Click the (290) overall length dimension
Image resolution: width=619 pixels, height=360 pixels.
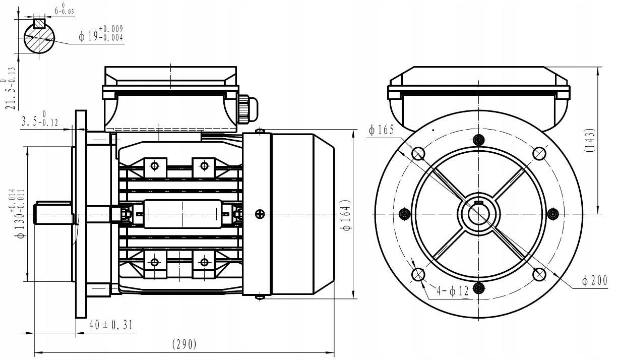[x=184, y=344]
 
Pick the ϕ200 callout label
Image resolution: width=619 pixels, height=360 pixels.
[x=595, y=282]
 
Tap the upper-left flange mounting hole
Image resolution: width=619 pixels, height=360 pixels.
[x=418, y=153]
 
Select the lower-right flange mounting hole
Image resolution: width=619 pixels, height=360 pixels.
[x=539, y=274]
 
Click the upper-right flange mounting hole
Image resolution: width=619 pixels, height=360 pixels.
[x=539, y=153]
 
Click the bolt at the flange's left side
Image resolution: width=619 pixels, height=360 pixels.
[x=404, y=214]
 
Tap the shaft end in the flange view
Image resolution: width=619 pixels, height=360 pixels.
[x=478, y=213]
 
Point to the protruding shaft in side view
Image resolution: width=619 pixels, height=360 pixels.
[x=53, y=212]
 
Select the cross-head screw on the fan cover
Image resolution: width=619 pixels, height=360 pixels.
[x=259, y=213]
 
